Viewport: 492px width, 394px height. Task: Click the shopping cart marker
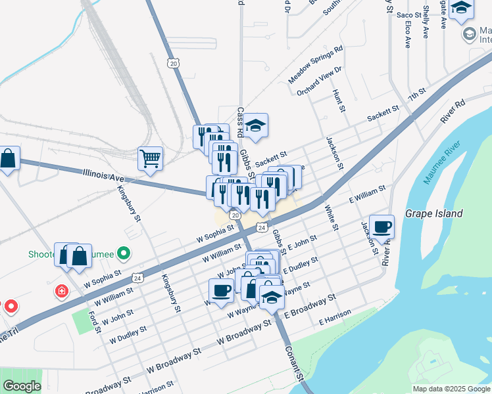coord(150,158)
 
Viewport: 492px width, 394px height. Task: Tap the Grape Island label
coord(433,213)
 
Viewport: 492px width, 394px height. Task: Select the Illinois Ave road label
coord(104,175)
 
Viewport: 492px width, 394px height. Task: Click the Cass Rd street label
coord(241,123)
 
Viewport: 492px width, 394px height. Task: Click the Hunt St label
coord(339,101)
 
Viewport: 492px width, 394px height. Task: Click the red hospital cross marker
coord(62,291)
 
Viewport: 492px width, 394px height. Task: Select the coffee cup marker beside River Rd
coord(381,227)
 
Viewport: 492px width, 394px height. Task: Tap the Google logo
coord(21,387)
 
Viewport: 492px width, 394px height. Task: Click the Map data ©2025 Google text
coord(451,389)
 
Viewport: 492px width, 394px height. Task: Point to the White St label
coord(330,218)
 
